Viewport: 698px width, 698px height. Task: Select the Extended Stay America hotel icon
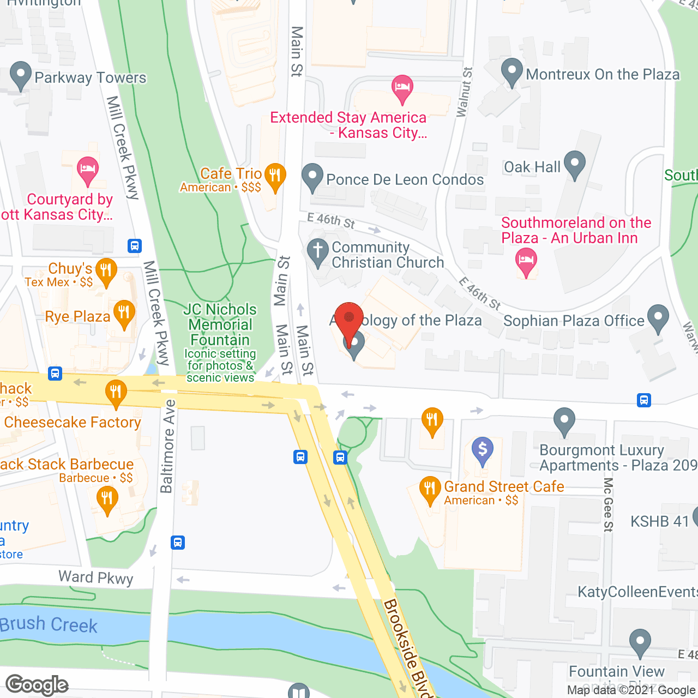pyautogui.click(x=402, y=89)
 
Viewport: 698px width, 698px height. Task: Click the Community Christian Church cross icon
pyautogui.click(x=318, y=253)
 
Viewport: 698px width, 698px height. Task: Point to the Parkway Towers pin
pyautogui.click(x=21, y=76)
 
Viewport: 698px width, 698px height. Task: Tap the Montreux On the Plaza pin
pyautogui.click(x=512, y=72)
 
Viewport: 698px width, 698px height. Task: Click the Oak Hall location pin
pyautogui.click(x=574, y=164)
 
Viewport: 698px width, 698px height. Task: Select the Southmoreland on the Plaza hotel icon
pyautogui.click(x=526, y=262)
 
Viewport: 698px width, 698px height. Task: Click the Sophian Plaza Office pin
pyautogui.click(x=658, y=318)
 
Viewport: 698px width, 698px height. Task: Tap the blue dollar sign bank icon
pyautogui.click(x=482, y=450)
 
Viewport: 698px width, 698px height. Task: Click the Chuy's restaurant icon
pyautogui.click(x=106, y=272)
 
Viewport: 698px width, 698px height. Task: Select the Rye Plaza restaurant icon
pyautogui.click(x=124, y=314)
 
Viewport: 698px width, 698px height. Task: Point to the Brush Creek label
pyautogui.click(x=49, y=624)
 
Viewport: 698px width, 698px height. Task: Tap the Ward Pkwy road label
pyautogui.click(x=96, y=577)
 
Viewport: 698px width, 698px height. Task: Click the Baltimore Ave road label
pyautogui.click(x=167, y=446)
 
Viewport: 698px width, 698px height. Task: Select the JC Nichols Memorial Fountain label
pyautogui.click(x=220, y=324)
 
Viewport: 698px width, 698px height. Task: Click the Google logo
pyautogui.click(x=37, y=685)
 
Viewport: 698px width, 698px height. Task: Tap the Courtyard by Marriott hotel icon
pyautogui.click(x=87, y=170)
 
